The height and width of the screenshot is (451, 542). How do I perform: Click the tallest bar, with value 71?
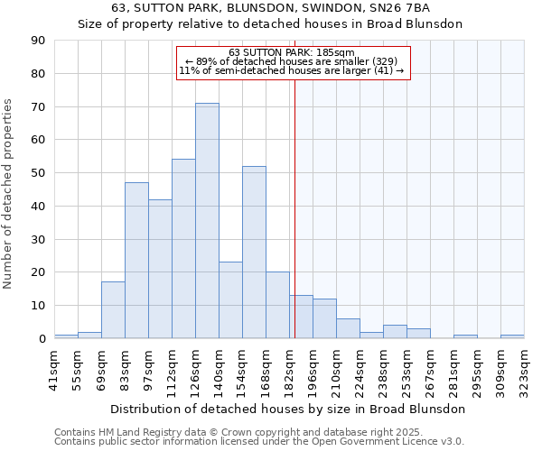(207, 221)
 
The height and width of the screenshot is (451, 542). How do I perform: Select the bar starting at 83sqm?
(136, 261)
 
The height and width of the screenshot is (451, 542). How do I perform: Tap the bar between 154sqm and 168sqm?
(254, 253)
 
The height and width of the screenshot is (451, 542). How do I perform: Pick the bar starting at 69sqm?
(113, 310)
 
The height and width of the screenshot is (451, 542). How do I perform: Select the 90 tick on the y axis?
(38, 41)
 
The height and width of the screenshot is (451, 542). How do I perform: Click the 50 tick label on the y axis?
(38, 173)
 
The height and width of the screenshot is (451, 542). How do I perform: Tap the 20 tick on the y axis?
(38, 272)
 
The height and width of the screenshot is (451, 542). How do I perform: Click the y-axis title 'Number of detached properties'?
(10, 193)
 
